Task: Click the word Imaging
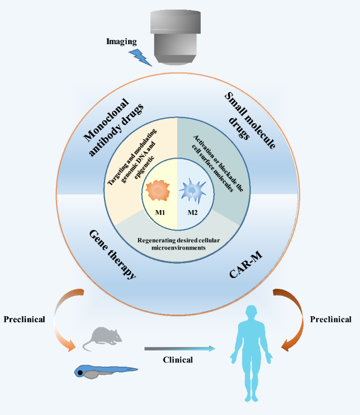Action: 122,40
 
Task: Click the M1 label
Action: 160,213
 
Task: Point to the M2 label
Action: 193,213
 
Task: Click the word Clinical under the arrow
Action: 177,360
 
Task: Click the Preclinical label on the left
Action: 24,319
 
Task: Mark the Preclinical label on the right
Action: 331,319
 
